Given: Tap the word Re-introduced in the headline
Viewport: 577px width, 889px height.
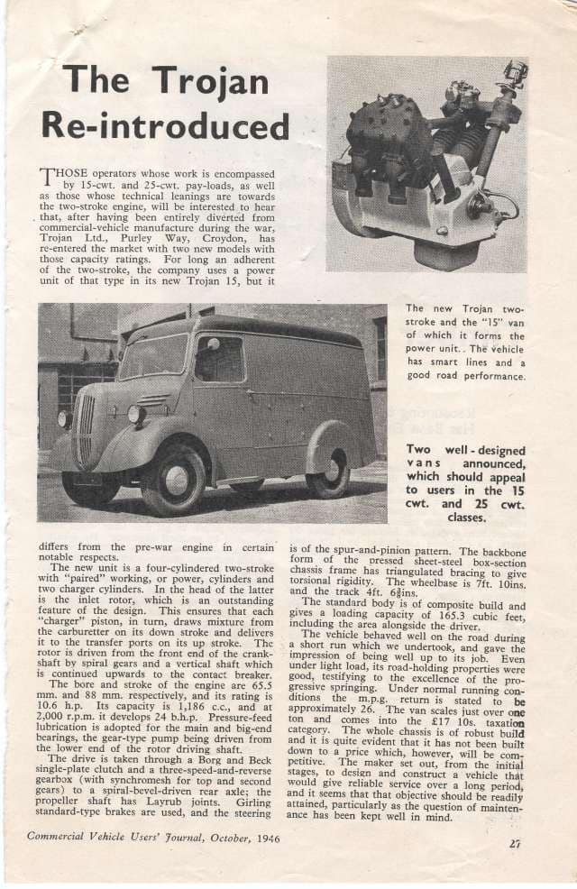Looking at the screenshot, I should pos(177,124).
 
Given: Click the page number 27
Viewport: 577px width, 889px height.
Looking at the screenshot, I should pos(515,843).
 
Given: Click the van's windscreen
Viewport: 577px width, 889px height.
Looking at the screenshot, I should pos(154,356).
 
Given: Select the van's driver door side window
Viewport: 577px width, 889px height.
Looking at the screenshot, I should pos(219,359).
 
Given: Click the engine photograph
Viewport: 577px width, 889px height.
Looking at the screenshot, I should pos(426,164).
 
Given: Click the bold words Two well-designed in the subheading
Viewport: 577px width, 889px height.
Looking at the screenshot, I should pos(463,448).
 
